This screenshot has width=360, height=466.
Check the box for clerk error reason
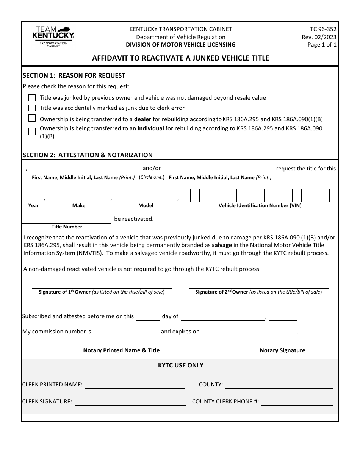pyautogui.click(x=32, y=108)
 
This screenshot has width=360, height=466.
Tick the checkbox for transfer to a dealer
pyautogui.click(x=32, y=118)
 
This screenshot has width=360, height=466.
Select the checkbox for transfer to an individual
pyautogui.click(x=32, y=131)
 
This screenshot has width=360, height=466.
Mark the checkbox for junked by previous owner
pyautogui.click(x=32, y=98)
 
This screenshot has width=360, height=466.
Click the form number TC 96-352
pyautogui.click(x=323, y=29)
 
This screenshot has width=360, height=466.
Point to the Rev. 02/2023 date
pyautogui.click(x=319, y=37)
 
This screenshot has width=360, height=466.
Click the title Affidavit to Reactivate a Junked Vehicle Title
pyautogui.click(x=181, y=58)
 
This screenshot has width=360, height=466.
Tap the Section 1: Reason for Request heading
pyautogui.click(x=74, y=75)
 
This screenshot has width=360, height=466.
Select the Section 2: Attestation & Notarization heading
pyautogui.click(x=88, y=155)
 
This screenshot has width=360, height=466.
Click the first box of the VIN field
pyautogui.click(x=185, y=195)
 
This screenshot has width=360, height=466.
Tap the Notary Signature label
pyautogui.click(x=282, y=350)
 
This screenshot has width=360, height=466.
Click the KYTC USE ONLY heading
pyautogui.click(x=180, y=366)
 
